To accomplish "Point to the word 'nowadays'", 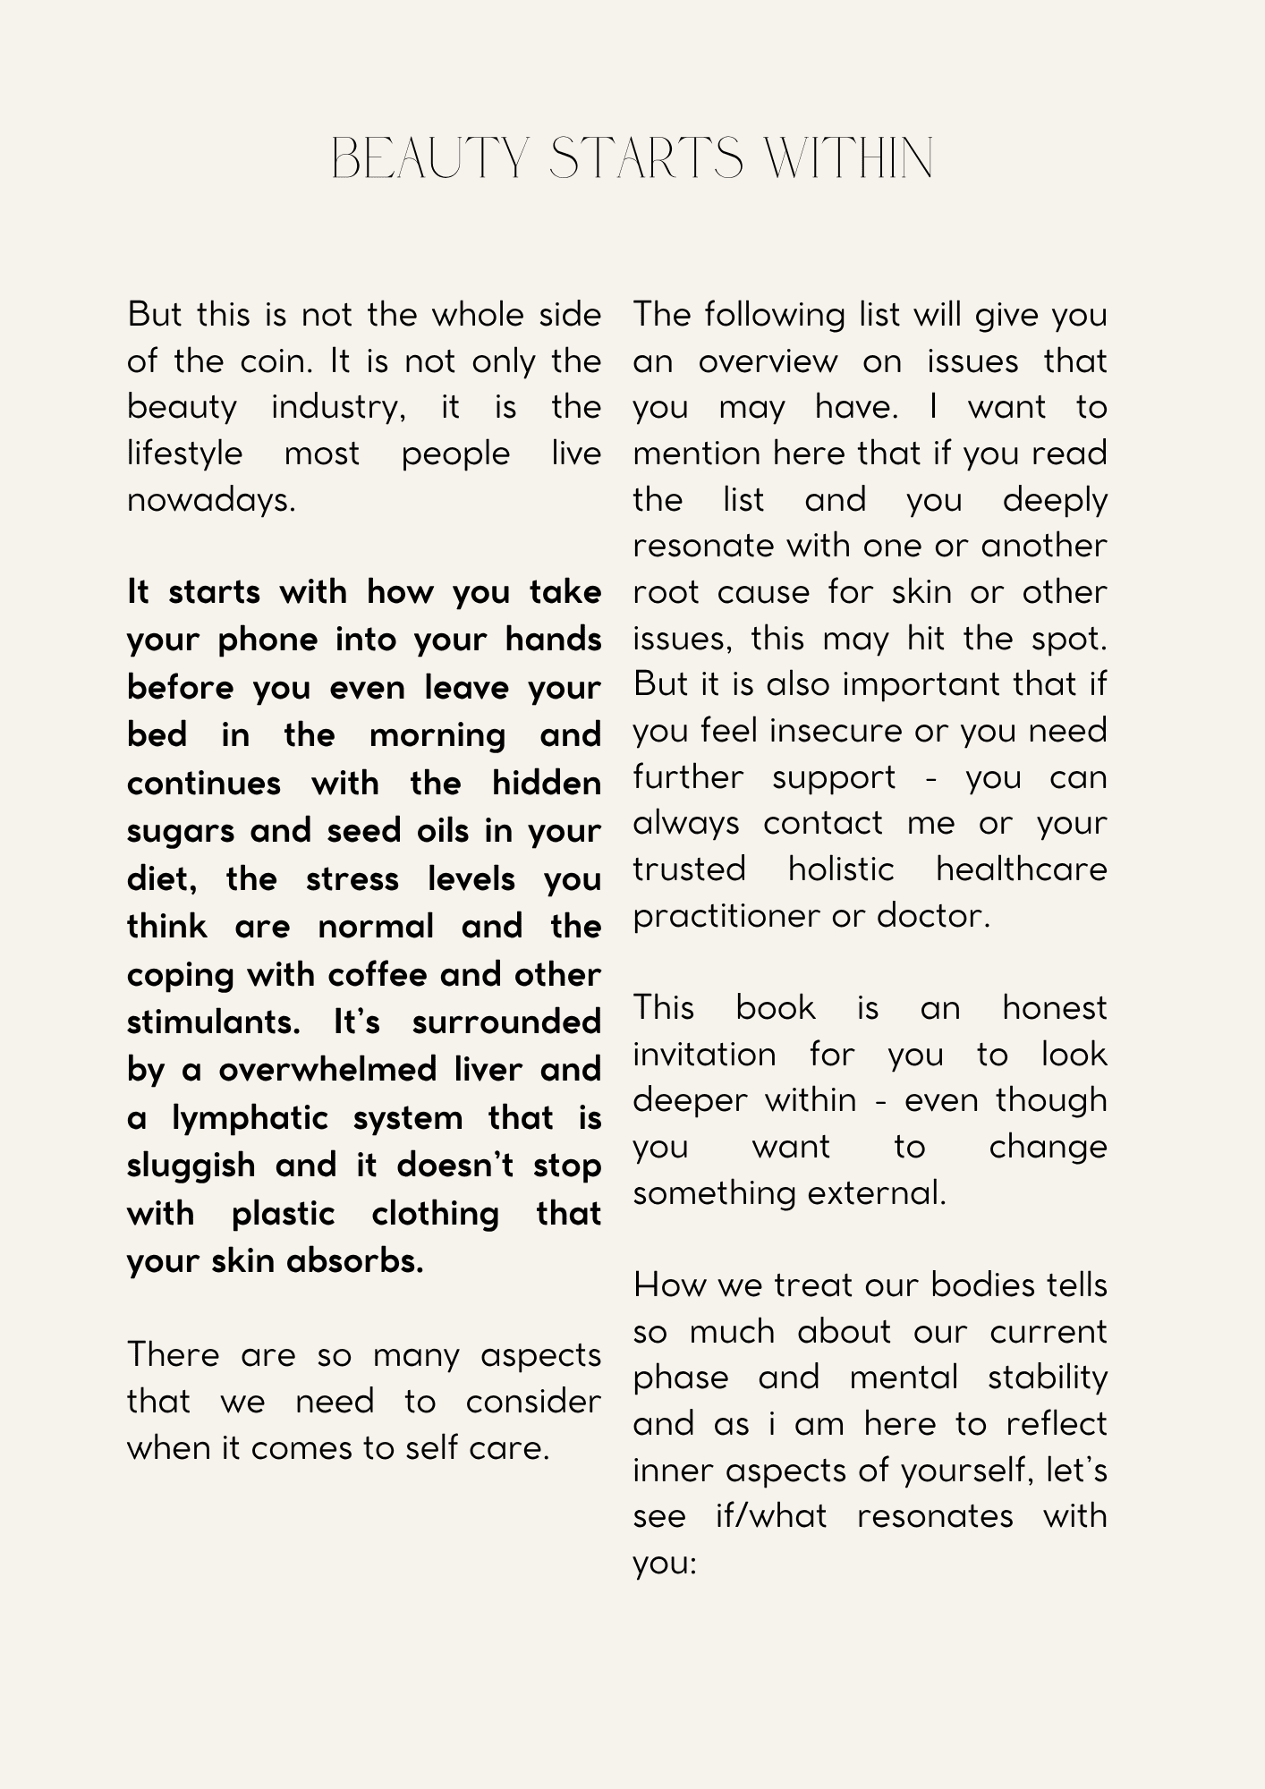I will pos(209,500).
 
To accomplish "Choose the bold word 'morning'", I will pos(437,735).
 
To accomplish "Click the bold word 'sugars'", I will pos(183,832).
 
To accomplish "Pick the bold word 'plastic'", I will pos(283,1214).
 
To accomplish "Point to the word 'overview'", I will pos(768,361).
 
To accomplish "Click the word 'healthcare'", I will pos(1021,869).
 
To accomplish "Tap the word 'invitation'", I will pos(704,1055).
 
